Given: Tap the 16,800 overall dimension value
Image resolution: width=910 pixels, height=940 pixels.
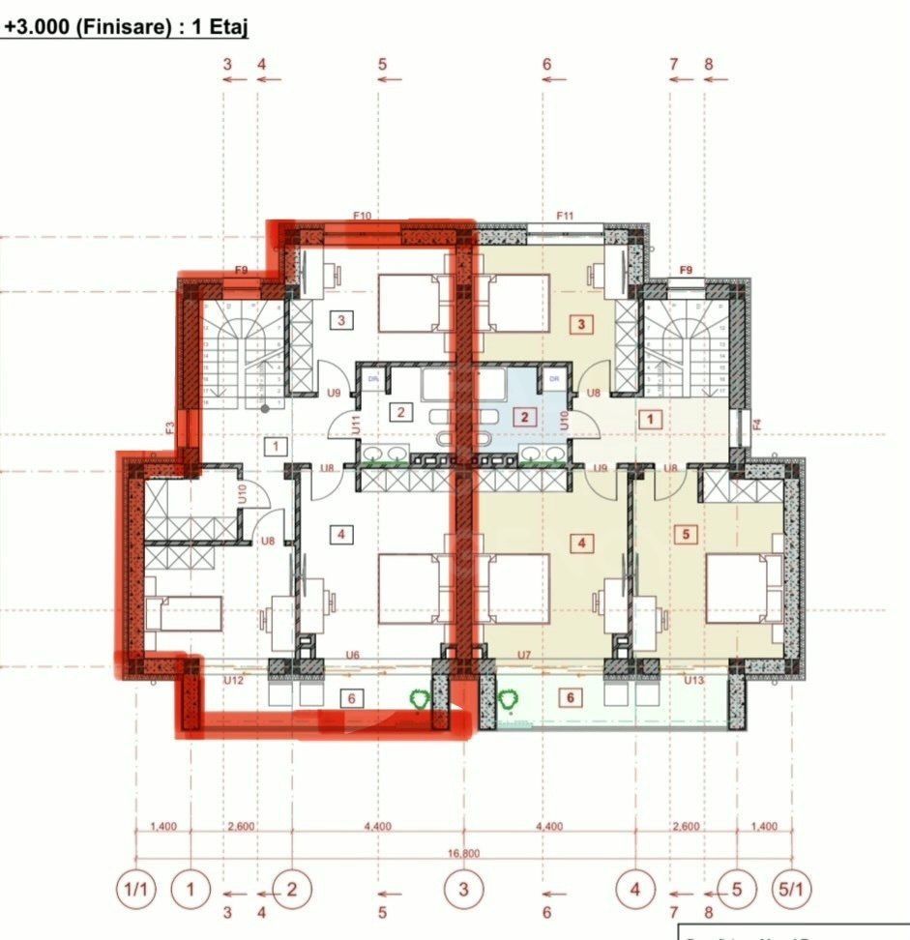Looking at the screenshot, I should click(463, 854).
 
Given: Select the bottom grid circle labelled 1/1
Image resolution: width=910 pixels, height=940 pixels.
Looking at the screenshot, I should click(135, 889).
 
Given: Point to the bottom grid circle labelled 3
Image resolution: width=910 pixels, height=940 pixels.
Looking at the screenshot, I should click(465, 889).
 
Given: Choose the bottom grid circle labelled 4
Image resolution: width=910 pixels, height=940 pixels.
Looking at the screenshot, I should click(636, 889).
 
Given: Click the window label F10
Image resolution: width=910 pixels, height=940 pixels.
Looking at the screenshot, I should click(363, 216).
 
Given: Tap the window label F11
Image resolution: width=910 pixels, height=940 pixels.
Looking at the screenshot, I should click(566, 216).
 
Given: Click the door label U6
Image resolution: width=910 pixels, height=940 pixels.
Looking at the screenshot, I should click(353, 656).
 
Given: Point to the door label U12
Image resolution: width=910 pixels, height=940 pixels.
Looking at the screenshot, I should click(232, 681).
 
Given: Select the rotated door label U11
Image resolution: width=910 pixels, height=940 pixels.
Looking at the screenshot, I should click(355, 423).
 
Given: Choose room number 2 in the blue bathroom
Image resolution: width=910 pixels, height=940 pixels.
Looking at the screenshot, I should click(524, 418).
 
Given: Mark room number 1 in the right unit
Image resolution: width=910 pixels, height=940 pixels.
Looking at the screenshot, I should click(651, 419).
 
